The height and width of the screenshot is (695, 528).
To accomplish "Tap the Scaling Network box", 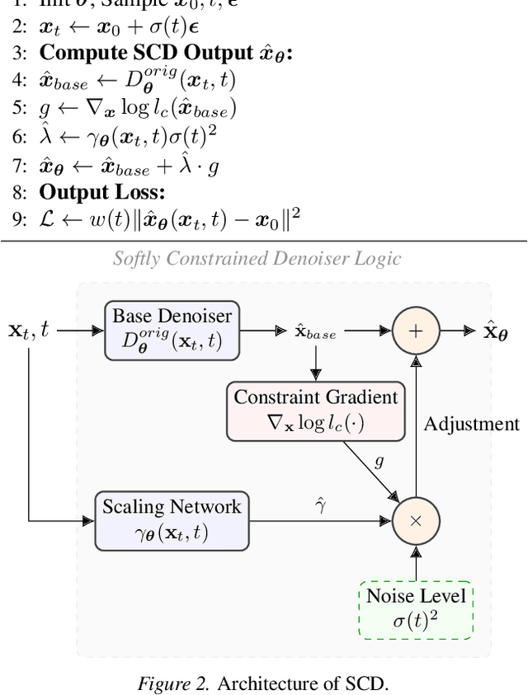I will click(172, 519).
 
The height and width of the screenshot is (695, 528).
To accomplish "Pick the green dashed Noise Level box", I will click(415, 609).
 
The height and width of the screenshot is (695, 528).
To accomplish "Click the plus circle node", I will click(415, 330).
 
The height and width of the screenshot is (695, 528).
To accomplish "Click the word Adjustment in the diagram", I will click(472, 424).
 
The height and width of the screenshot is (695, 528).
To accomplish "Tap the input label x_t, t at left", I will click(29, 331).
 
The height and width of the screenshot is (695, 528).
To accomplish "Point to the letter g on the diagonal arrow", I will click(379, 462).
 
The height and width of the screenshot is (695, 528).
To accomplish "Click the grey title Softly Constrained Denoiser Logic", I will click(256, 259).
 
